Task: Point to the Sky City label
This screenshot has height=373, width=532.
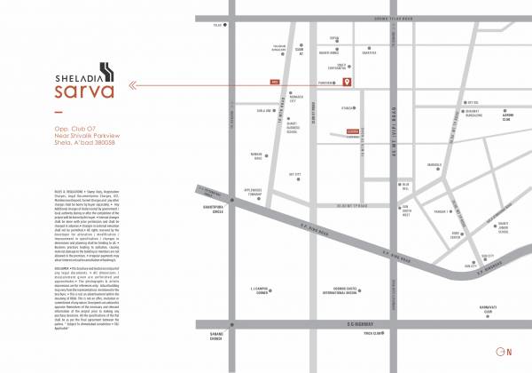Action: [296, 176]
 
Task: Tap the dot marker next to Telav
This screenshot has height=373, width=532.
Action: [226, 26]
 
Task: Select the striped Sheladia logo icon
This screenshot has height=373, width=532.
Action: [106, 68]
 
